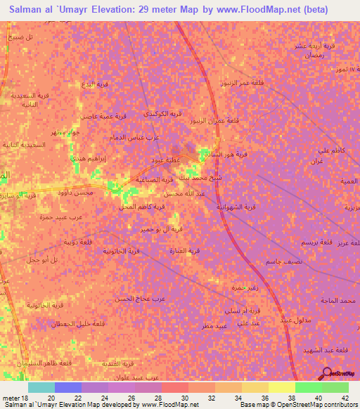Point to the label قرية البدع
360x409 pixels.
pos(95,84)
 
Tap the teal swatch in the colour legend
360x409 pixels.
pos(41,387)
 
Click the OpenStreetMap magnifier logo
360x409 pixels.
pos(327,373)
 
